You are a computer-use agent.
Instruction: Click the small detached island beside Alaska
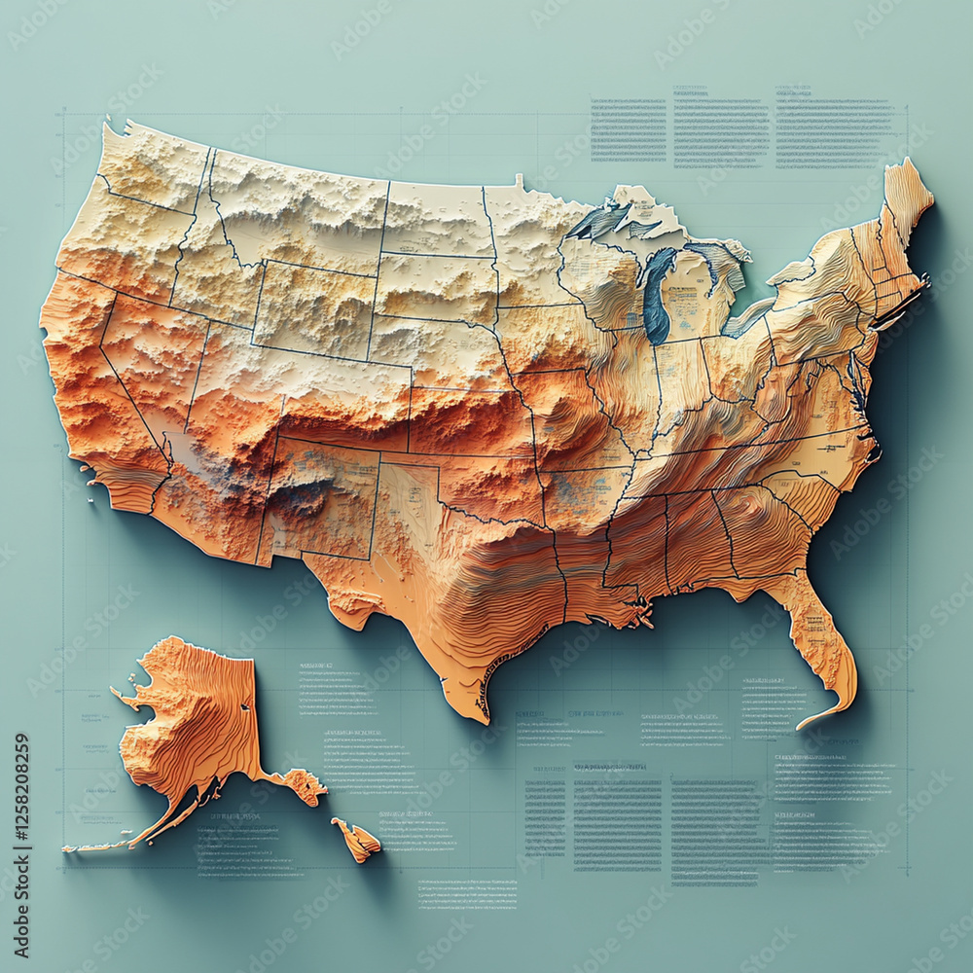(x=356, y=840)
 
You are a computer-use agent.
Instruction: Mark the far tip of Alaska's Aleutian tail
(x=70, y=848)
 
